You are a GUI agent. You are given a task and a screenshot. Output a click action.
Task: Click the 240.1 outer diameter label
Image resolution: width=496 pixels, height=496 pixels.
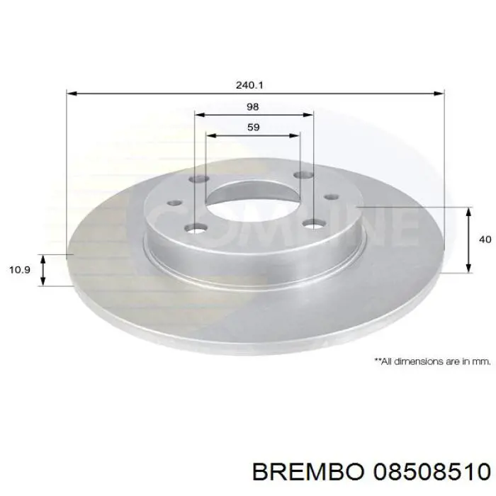click(x=250, y=84)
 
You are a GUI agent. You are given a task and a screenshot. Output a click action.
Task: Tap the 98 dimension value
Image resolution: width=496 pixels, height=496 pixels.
click(x=253, y=106)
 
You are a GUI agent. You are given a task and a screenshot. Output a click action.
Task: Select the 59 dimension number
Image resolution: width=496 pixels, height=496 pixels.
click(x=253, y=128)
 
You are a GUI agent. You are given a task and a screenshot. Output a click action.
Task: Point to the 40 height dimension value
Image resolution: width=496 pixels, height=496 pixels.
click(x=485, y=239)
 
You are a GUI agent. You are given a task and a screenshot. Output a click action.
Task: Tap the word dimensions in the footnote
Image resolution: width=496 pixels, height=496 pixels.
click(x=420, y=361)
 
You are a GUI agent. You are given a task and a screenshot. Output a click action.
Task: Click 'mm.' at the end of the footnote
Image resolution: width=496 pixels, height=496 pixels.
click(x=482, y=361)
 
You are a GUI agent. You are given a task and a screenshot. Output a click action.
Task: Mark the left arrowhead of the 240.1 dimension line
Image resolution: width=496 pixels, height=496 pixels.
click(x=71, y=93)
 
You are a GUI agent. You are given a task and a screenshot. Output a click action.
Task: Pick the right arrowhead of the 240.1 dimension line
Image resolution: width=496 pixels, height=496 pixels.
click(x=439, y=93)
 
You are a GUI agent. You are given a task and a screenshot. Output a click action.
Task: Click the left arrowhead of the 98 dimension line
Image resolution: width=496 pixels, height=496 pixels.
click(x=198, y=114)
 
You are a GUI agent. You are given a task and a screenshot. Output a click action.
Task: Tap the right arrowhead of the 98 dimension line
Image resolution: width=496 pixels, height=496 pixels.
click(x=309, y=114)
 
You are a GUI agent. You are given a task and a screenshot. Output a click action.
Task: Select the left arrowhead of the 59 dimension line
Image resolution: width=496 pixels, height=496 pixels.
click(x=209, y=134)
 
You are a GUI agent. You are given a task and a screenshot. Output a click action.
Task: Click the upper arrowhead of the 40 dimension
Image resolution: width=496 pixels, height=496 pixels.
click(x=468, y=211)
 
